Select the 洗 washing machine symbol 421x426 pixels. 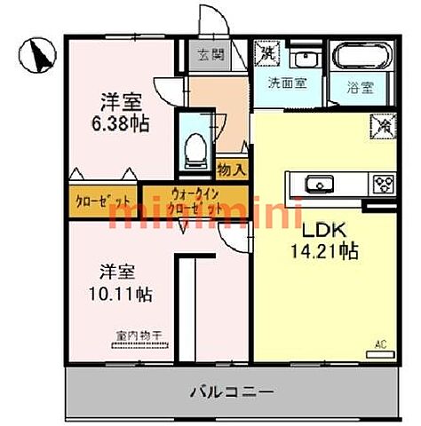[266, 53]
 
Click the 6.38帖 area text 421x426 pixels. [122, 123]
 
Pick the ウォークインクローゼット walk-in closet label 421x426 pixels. [193, 200]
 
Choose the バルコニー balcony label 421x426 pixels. [231, 390]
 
